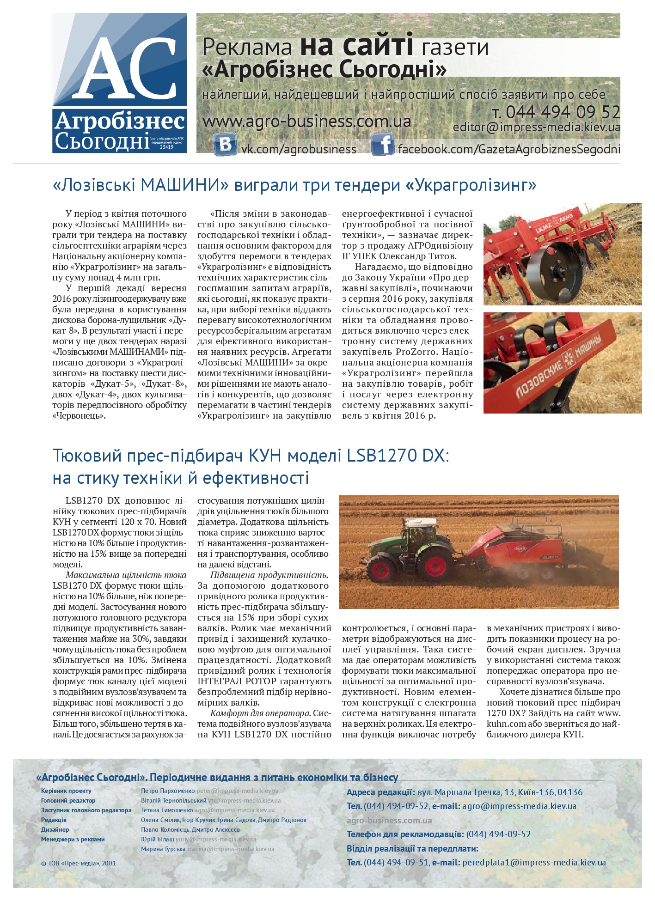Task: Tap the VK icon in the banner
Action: (226, 145)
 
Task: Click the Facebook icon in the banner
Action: (382, 145)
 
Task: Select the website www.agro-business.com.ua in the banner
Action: (306, 122)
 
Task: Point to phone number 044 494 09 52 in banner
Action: (563, 112)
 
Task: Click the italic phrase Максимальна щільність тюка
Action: (126, 575)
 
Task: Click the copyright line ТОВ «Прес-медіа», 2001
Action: (79, 863)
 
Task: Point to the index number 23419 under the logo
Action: (166, 147)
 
